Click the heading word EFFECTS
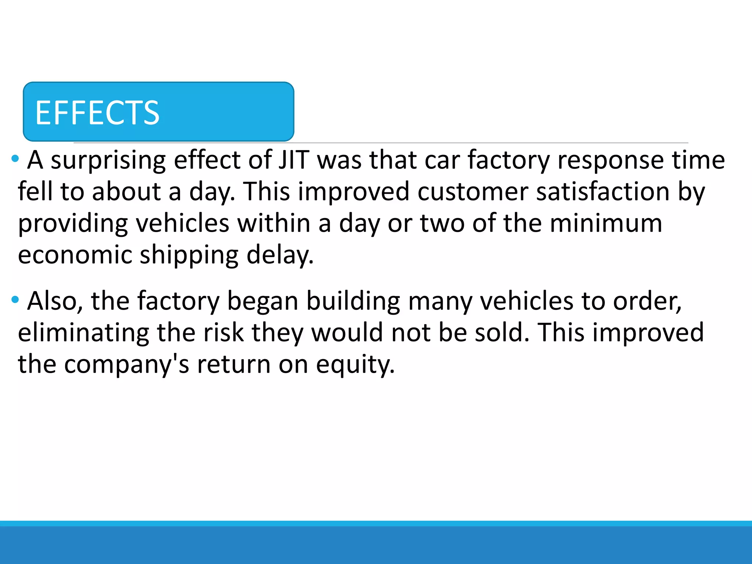[x=97, y=113]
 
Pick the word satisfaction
[x=603, y=192]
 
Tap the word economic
[x=75, y=255]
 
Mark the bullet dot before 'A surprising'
[x=15, y=159]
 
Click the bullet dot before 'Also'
[x=15, y=300]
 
